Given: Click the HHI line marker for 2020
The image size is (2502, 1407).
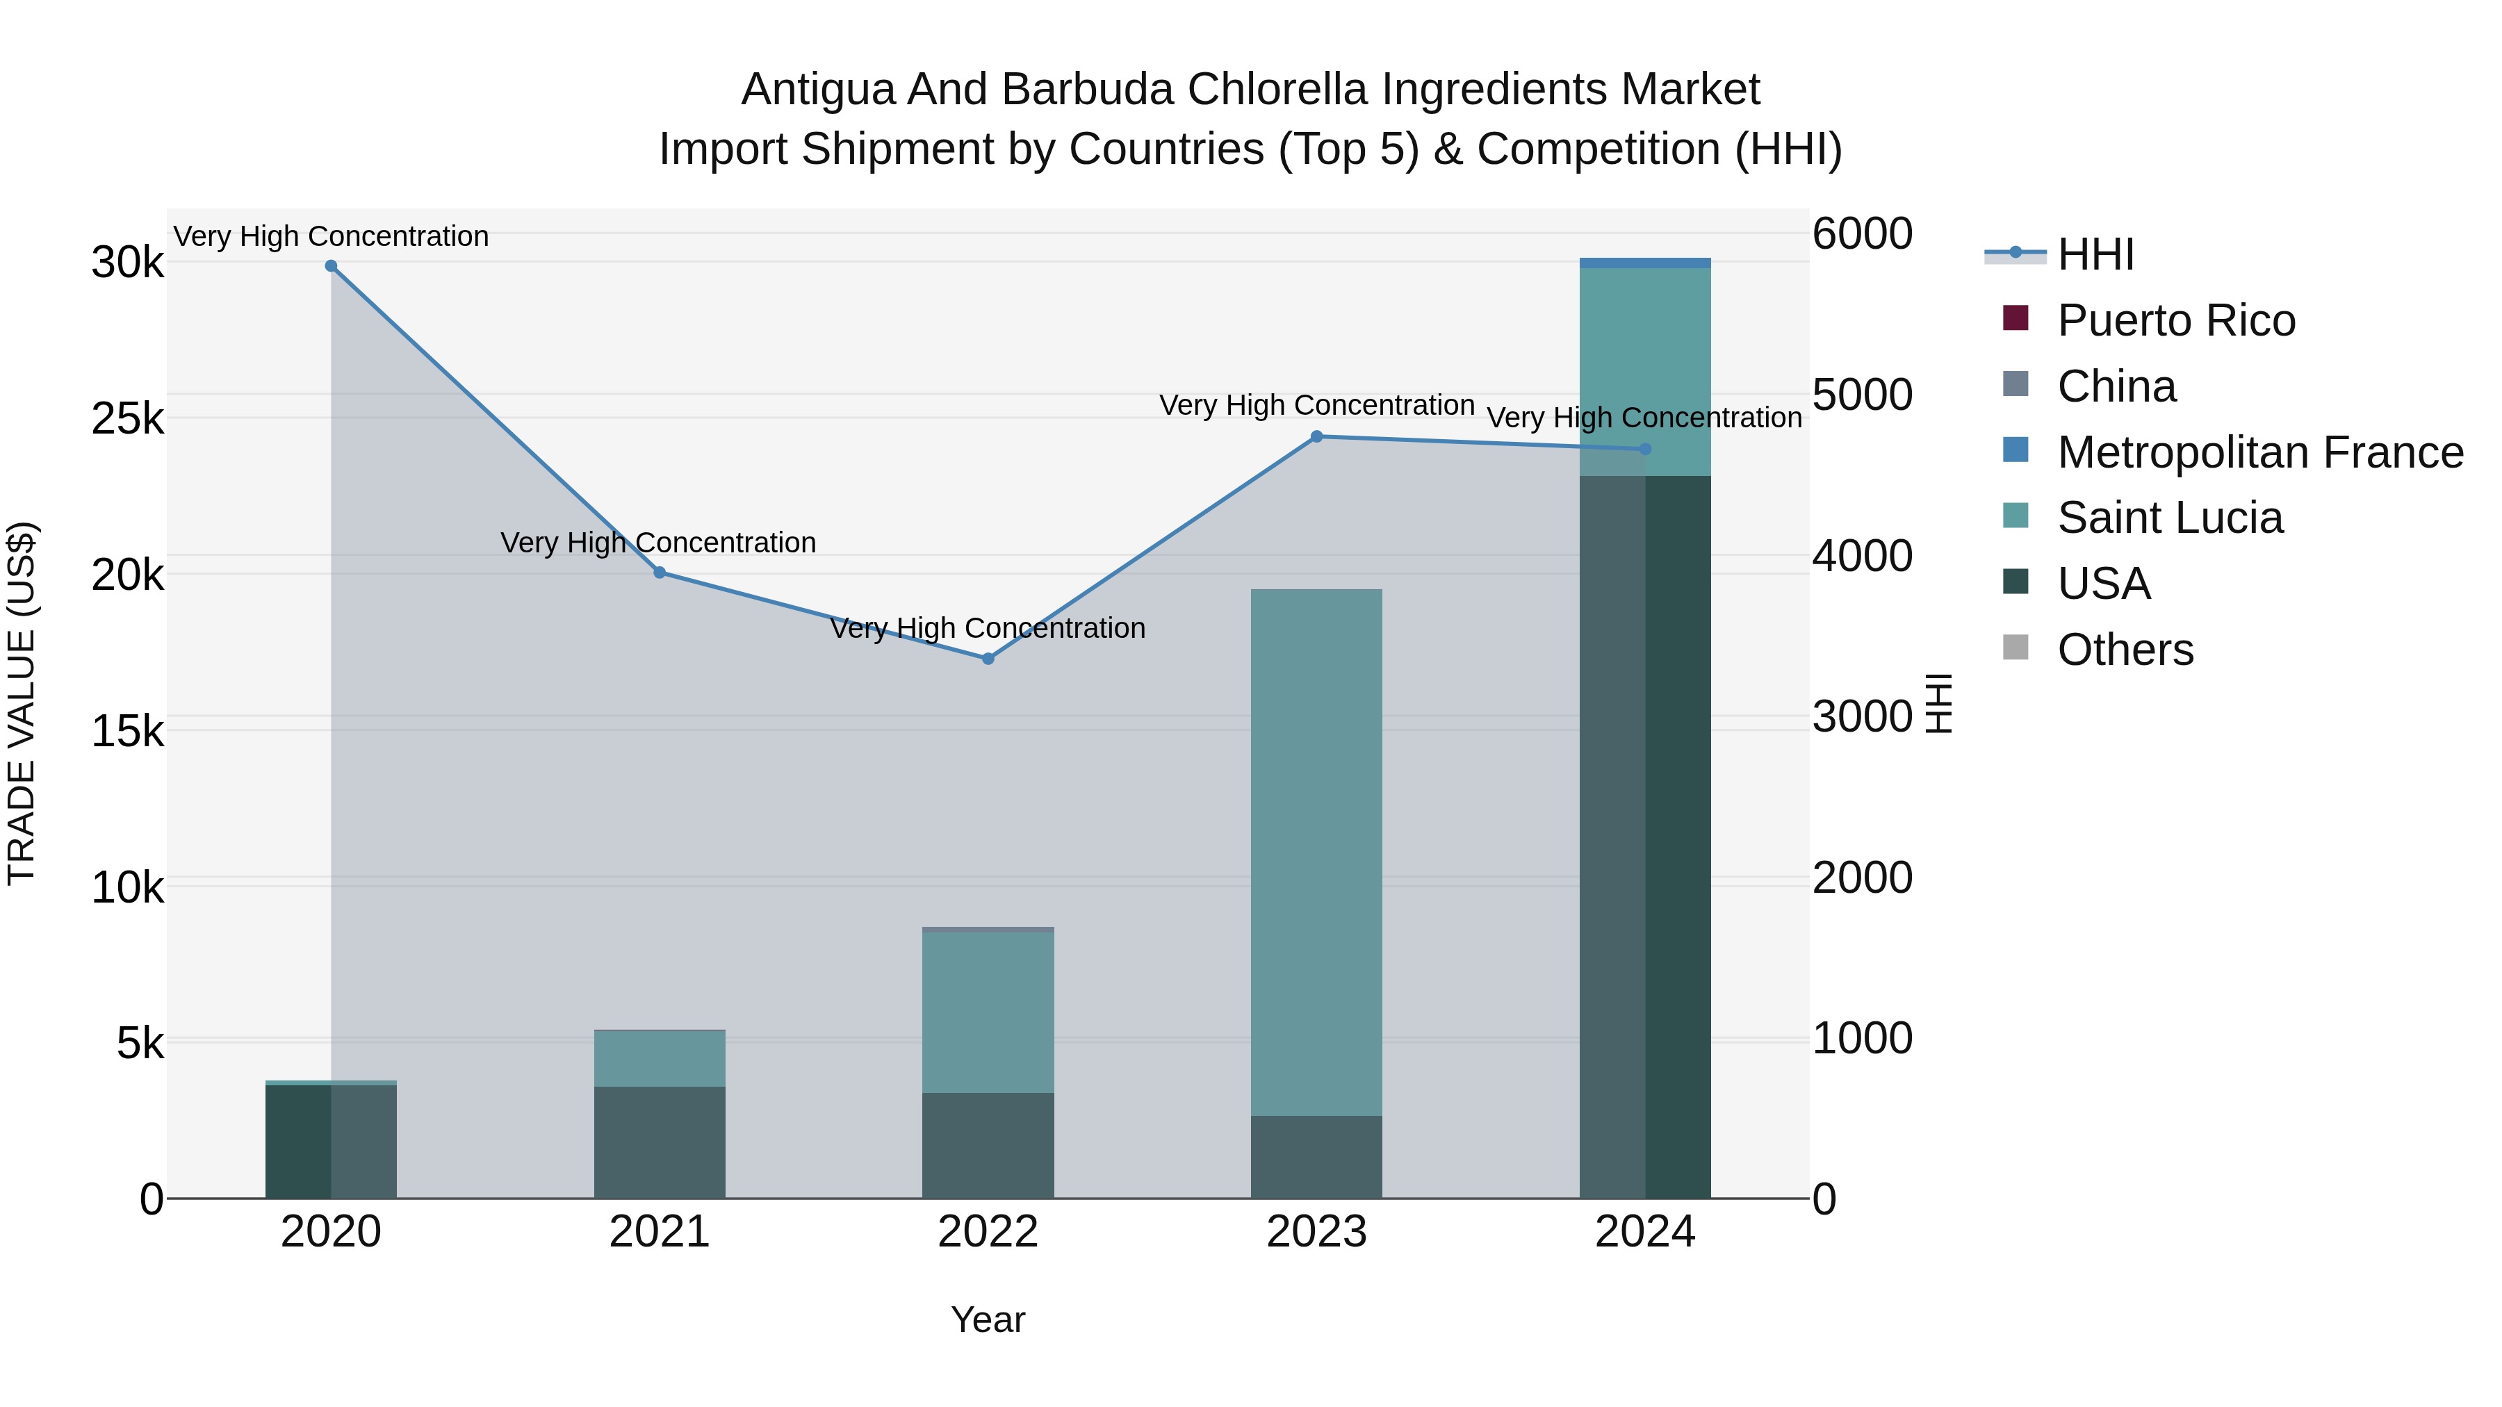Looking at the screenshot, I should (x=332, y=266).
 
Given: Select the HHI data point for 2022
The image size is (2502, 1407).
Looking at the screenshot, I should (x=988, y=659).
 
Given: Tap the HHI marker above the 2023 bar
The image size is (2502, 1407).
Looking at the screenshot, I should (x=1316, y=437).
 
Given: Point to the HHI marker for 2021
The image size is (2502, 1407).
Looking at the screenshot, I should (x=660, y=573).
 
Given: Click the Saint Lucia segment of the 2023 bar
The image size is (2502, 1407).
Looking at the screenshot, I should (x=1316, y=853).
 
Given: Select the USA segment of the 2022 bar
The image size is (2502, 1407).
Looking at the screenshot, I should (x=988, y=1146).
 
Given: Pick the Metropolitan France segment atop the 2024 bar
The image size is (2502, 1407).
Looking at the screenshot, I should (x=1644, y=263).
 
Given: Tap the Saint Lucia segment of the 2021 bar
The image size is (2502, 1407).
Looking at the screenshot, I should (x=660, y=1058).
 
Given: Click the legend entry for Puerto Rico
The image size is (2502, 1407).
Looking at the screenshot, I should (x=2175, y=320).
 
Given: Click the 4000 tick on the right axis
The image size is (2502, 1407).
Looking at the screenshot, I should (x=1862, y=557).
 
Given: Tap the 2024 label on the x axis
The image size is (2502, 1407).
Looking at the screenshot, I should (x=1644, y=1232).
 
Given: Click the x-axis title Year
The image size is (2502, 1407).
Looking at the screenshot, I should (x=988, y=1319).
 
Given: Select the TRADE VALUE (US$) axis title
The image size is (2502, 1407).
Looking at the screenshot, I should (x=22, y=703).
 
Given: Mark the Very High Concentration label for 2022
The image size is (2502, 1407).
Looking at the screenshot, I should (x=988, y=628).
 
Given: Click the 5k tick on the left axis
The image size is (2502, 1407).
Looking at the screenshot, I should (x=140, y=1044).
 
